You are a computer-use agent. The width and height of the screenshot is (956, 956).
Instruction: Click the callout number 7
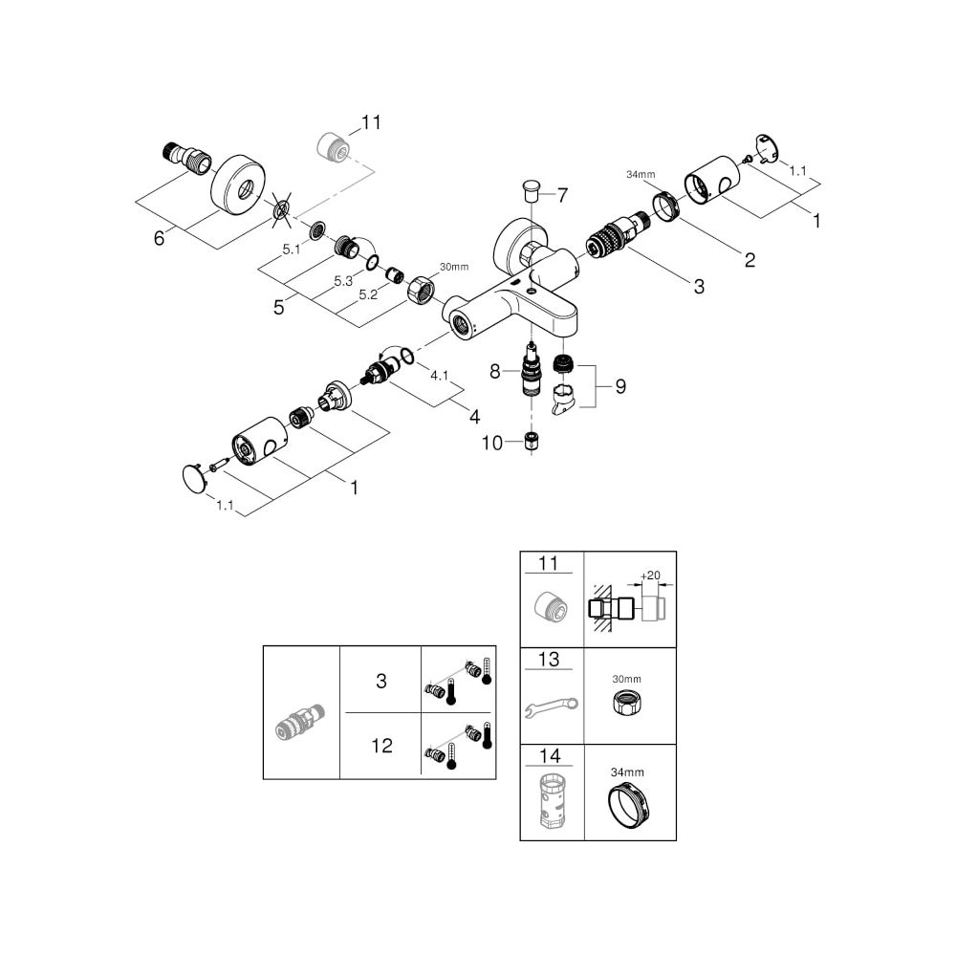click(562, 195)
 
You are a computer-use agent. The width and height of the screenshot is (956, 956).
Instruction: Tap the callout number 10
click(492, 444)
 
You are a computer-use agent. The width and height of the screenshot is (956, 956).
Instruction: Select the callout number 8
click(495, 371)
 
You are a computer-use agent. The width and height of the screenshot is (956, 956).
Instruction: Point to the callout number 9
click(620, 386)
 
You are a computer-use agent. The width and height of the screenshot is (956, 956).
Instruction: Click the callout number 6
click(159, 238)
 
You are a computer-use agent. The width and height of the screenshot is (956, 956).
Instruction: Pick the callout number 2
click(750, 260)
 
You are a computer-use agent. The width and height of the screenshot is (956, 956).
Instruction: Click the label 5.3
click(343, 281)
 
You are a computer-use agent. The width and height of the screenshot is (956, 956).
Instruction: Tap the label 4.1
click(440, 376)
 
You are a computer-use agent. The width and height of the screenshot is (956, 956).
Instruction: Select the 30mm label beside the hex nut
click(454, 267)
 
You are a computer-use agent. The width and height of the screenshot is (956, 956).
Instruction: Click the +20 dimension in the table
click(650, 576)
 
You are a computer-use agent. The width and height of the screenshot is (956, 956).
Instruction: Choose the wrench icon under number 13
click(552, 706)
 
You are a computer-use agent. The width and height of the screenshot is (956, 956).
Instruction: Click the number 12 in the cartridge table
click(382, 746)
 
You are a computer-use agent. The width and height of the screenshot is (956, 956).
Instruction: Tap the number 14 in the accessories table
click(550, 756)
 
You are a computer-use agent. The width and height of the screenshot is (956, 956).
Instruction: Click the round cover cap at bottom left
click(195, 477)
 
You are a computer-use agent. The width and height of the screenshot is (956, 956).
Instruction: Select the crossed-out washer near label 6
click(282, 211)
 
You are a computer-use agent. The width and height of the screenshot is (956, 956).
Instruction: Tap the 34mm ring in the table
click(627, 807)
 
